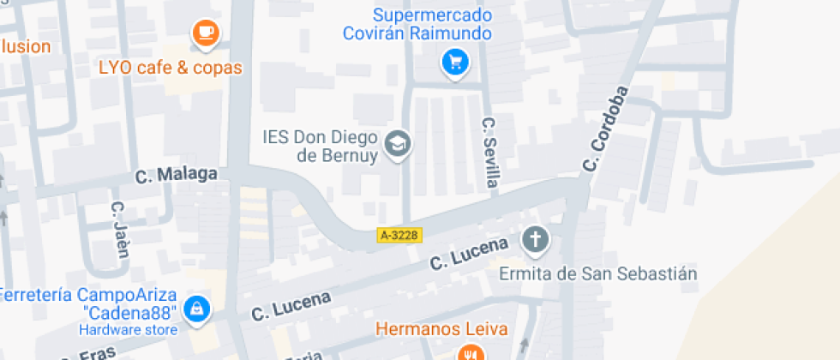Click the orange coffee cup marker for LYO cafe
point(206,33)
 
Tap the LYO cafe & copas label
point(171,67)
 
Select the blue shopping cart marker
point(454,62)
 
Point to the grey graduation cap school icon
point(398,144)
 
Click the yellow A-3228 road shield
point(399,233)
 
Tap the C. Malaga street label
point(176,175)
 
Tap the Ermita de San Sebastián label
point(597,274)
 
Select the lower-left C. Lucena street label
point(291,307)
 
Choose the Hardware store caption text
point(129,330)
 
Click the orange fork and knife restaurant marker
point(469,353)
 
